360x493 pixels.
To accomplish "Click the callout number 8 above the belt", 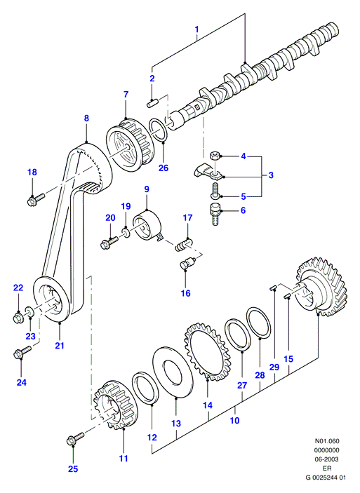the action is click(86, 119).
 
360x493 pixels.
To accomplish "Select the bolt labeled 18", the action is click(36, 199).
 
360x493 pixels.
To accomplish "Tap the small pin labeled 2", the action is click(152, 103).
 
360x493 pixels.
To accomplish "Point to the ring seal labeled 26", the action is click(158, 130).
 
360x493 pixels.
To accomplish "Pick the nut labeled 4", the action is click(214, 155).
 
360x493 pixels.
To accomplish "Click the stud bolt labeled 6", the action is click(215, 214).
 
